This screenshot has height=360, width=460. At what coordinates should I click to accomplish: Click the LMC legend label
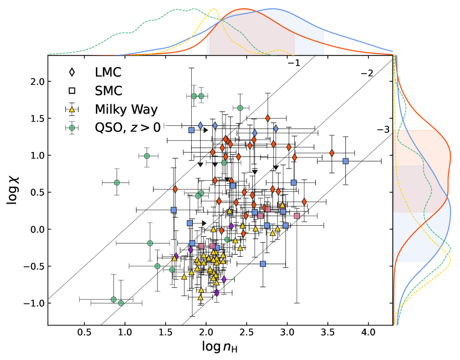tap(108, 72)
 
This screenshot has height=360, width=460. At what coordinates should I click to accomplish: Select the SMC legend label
tap(109, 90)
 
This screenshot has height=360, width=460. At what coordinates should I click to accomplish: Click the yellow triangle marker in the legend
tap(71, 109)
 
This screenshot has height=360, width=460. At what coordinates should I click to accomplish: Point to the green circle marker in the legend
tap(71, 127)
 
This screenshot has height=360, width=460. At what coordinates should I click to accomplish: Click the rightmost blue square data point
tap(345, 161)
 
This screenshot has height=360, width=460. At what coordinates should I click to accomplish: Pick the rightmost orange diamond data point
tap(331, 153)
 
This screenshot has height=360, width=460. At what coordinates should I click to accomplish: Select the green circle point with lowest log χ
tap(121, 303)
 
